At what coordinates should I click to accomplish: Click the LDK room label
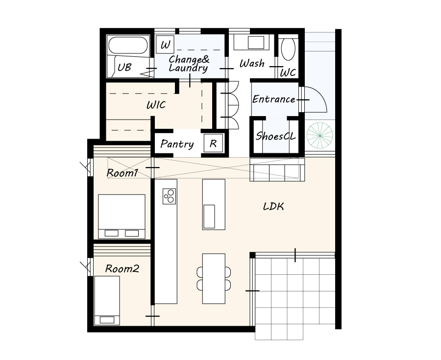273,207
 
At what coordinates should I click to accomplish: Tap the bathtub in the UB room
128,45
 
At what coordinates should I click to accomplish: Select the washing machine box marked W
165,45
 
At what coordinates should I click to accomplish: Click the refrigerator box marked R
213,144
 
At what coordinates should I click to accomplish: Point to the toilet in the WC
288,49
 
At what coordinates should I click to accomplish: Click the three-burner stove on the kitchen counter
170,196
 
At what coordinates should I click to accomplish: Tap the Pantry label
177,144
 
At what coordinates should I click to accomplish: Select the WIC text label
156,105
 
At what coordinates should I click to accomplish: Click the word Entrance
273,99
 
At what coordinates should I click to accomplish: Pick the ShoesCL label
275,136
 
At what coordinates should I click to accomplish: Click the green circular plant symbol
320,136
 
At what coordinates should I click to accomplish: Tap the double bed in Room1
122,216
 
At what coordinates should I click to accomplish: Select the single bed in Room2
107,300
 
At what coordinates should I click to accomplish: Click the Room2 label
122,269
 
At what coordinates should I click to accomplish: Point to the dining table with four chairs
214,279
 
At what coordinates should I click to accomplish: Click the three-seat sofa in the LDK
277,169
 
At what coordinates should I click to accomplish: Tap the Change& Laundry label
189,64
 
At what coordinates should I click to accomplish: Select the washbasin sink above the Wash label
256,43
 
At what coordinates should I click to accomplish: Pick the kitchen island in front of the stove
214,204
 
